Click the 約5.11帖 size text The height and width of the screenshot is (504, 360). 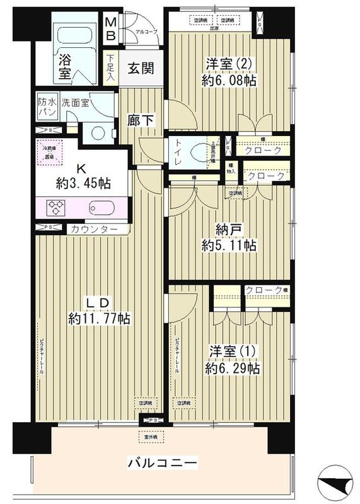pos(228,245)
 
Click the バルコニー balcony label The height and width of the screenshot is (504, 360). pos(163,464)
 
